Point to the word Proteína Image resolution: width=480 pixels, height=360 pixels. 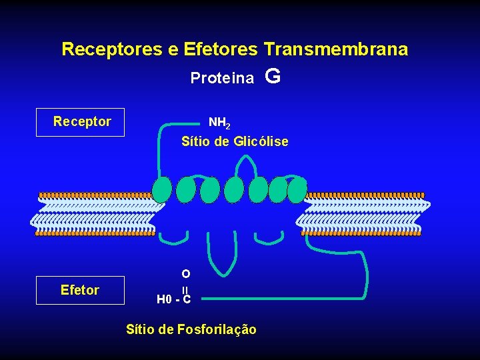[x=222, y=79]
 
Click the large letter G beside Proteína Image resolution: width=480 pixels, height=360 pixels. [x=272, y=77]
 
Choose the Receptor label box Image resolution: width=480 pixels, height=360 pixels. [x=81, y=122]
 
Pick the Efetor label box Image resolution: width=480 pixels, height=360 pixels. [x=81, y=290]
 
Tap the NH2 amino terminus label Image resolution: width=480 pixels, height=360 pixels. [x=219, y=123]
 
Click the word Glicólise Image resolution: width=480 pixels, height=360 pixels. [x=261, y=141]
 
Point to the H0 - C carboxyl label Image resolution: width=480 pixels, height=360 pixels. [x=173, y=299]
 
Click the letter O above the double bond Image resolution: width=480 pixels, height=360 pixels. [x=185, y=273]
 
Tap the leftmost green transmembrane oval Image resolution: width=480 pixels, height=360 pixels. [x=162, y=190]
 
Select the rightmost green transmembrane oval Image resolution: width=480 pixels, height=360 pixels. [x=297, y=190]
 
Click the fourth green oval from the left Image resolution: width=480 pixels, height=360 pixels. [x=233, y=190]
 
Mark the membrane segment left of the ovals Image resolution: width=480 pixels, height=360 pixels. [x=97, y=214]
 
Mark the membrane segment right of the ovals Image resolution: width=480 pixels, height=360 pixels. [x=363, y=214]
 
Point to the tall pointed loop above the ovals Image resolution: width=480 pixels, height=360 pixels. [x=247, y=167]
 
